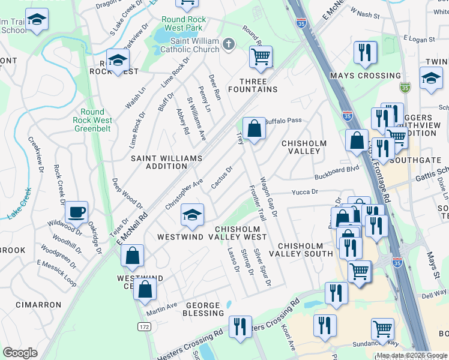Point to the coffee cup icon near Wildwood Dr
point(76,212)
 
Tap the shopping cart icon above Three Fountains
point(261,57)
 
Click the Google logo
point(20,353)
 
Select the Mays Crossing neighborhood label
point(366,76)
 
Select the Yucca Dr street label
point(304,193)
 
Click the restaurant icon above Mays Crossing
point(365,53)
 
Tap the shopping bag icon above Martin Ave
point(145,290)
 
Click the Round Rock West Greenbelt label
point(92,120)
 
